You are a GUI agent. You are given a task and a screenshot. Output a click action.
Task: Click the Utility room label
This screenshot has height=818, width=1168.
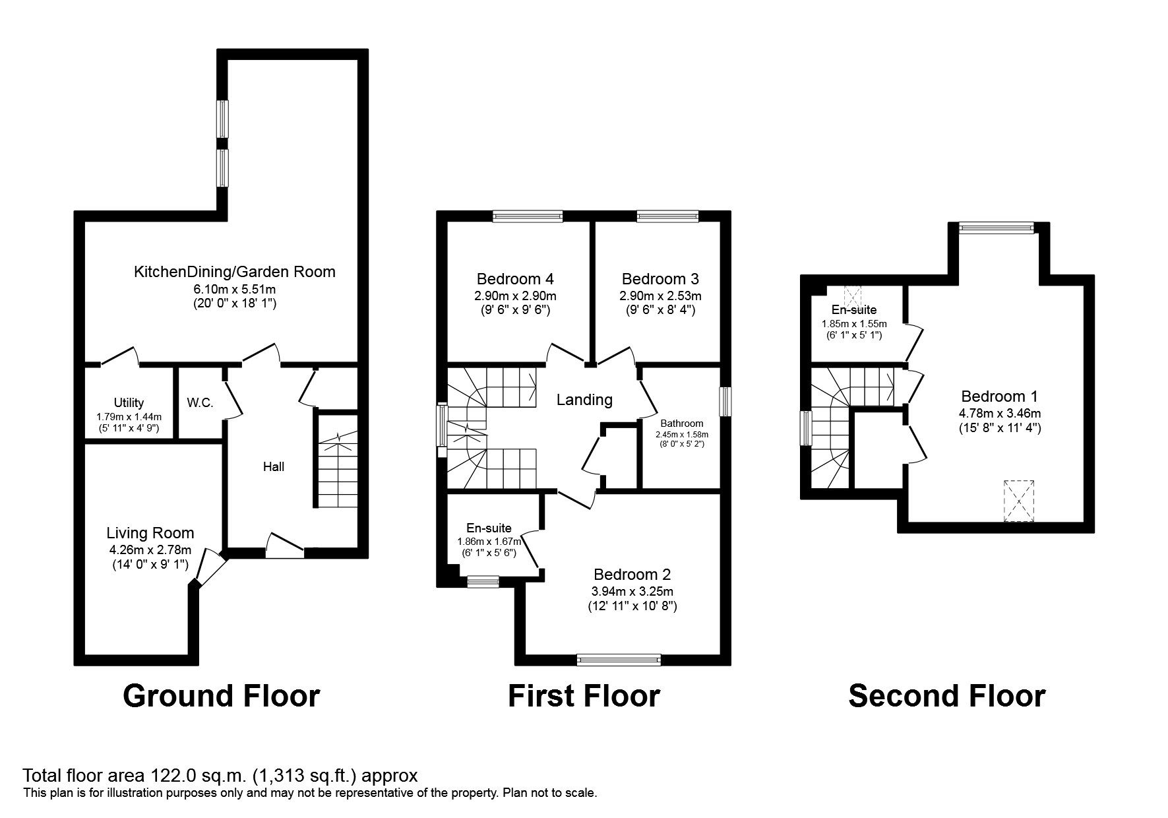coord(129,402)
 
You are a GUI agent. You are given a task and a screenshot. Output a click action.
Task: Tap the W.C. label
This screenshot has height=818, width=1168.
coord(200,402)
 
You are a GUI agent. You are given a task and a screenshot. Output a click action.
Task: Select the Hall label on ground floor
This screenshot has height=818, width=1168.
coord(274,467)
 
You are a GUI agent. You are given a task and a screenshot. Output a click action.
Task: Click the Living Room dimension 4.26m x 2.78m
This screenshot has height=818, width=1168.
coord(150,550)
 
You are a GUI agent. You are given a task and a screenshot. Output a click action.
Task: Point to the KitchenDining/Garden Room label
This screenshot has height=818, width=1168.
coord(234,272)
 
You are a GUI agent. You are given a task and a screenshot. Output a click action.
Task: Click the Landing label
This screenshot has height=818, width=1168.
coord(584,400)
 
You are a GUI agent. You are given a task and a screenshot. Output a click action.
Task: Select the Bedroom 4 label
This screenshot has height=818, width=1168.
coord(515,279)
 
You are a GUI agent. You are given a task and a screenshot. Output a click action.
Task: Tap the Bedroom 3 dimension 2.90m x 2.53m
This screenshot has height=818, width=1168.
coord(660,296)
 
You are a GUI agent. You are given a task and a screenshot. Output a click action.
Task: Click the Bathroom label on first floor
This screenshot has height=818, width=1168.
coord(682,424)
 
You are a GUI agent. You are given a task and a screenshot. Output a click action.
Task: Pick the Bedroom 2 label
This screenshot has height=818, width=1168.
coord(632,575)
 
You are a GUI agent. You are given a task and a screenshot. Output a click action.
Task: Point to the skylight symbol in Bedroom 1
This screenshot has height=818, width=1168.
coord(1019,501)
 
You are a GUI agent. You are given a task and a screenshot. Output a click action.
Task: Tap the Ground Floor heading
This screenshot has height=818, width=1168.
coord(222,696)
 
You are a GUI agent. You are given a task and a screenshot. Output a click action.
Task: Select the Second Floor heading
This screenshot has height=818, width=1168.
coord(946,696)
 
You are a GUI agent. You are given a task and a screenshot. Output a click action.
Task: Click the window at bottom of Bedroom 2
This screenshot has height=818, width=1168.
coord(618,659)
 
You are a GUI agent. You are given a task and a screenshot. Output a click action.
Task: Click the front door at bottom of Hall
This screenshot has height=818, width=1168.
coord(285,545)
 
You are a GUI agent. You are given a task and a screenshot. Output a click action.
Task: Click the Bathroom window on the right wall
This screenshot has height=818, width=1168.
coord(725,402)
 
